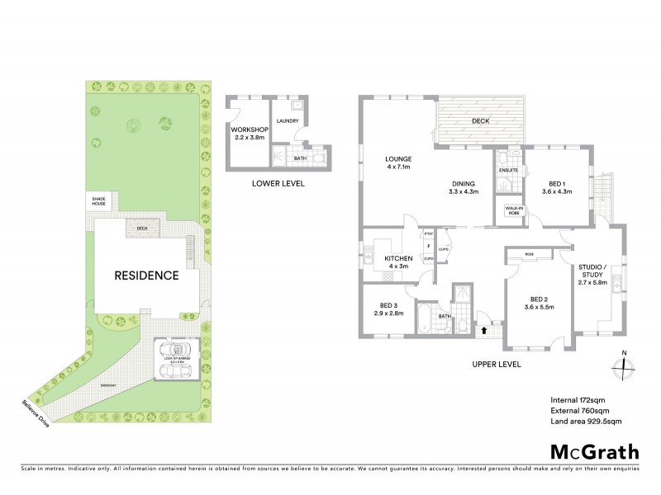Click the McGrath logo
(x=594, y=451)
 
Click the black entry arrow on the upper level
(x=484, y=331)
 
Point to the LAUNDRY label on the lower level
(x=288, y=121)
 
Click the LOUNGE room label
(x=398, y=158)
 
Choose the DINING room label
(x=462, y=185)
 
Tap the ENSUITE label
(x=508, y=171)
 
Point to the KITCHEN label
(x=398, y=259)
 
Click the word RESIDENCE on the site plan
(x=146, y=276)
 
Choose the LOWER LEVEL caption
(x=278, y=183)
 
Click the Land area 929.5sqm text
(x=586, y=422)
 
